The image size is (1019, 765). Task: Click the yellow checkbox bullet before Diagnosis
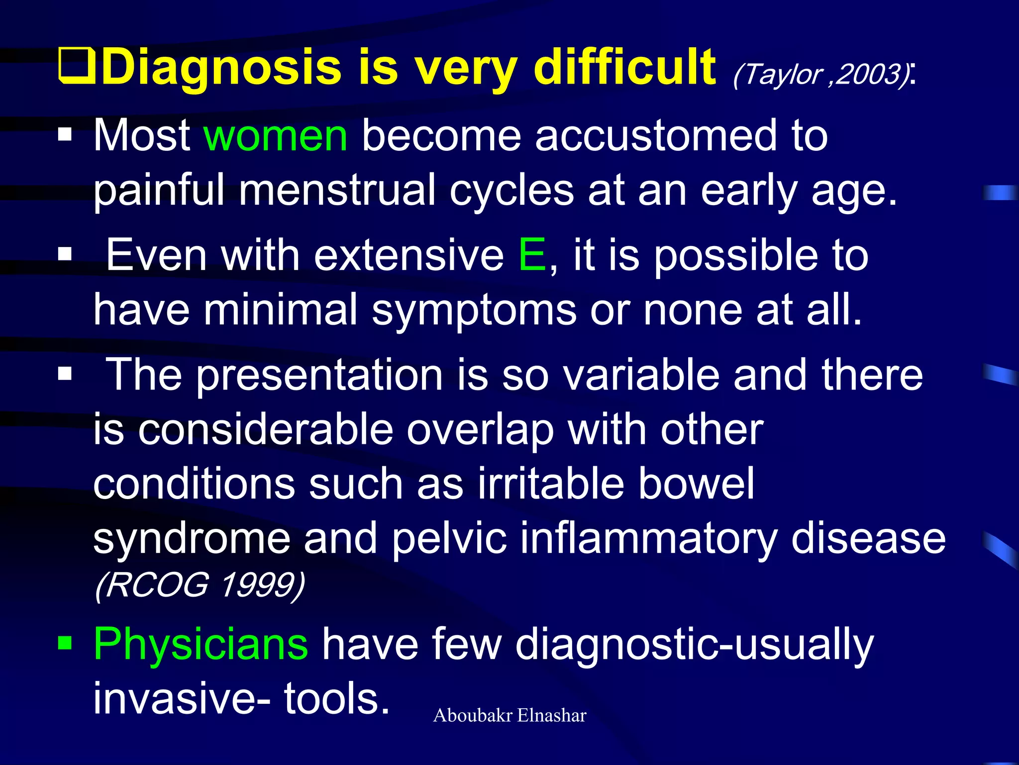76,65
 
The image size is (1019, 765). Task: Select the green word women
276,135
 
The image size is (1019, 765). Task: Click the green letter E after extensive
532,255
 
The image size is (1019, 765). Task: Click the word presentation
319,375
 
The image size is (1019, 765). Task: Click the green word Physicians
201,643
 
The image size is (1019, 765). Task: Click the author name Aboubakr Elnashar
509,716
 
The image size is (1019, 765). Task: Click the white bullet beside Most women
65,135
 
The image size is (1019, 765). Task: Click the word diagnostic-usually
694,644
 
